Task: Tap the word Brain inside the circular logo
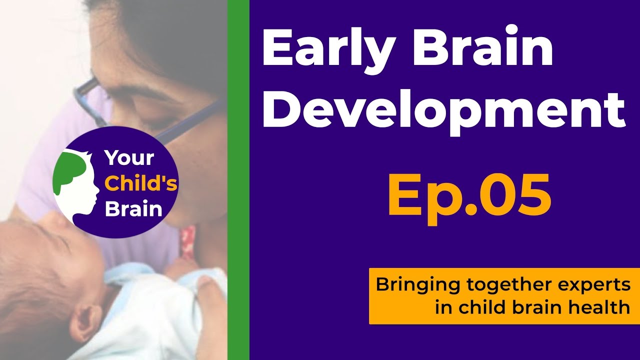(133, 208)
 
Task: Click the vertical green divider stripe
(238, 180)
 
